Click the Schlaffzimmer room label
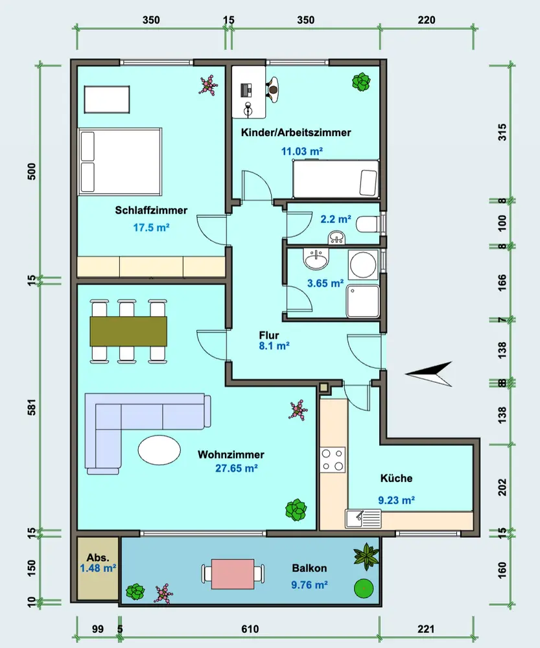[151, 211]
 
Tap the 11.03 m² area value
[302, 151]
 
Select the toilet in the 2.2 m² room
[368, 224]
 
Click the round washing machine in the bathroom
[363, 264]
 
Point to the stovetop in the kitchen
[333, 460]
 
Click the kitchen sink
[363, 518]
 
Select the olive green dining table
[128, 331]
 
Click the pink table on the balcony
[233, 574]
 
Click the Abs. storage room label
[98, 557]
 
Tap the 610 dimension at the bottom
[250, 629]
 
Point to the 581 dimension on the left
[32, 407]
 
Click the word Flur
[269, 335]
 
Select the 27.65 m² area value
[237, 469]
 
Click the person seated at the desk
[272, 89]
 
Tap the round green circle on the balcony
[364, 588]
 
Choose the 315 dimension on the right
[502, 132]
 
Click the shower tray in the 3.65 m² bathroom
[363, 301]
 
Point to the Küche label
[397, 478]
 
